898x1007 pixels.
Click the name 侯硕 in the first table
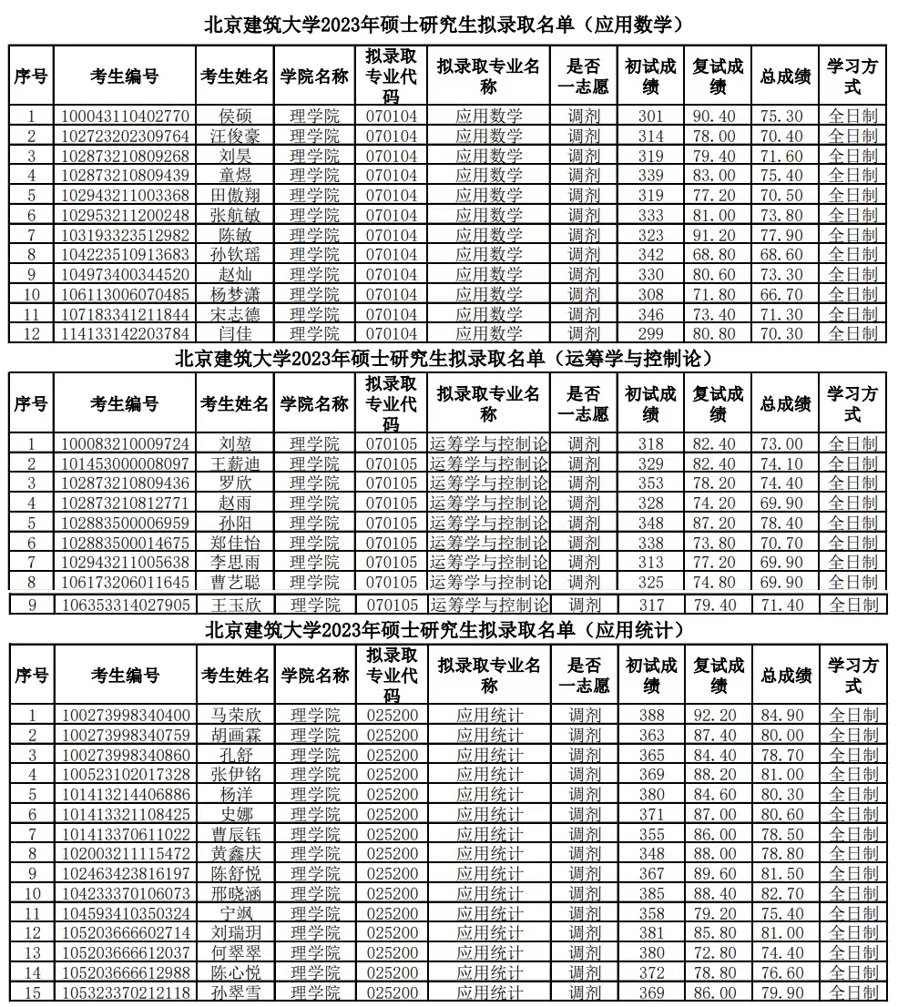pyautogui.click(x=235, y=117)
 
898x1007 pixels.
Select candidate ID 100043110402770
pyautogui.click(x=126, y=117)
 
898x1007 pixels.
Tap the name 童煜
pyautogui.click(x=235, y=176)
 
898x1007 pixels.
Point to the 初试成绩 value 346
pyautogui.click(x=650, y=314)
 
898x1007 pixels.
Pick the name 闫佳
pyautogui.click(x=235, y=333)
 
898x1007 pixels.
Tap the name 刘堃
pyautogui.click(x=235, y=444)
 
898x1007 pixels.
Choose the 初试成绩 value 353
pyautogui.click(x=650, y=483)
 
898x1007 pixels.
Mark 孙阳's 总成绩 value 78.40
pyautogui.click(x=781, y=524)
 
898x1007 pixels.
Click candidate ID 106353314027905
pyautogui.click(x=126, y=605)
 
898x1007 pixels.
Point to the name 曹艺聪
pyautogui.click(x=235, y=582)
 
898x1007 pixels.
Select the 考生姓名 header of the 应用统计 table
pyautogui.click(x=235, y=675)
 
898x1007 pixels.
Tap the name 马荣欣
pyautogui.click(x=235, y=716)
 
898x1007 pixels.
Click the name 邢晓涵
pyautogui.click(x=235, y=893)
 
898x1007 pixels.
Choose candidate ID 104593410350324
pyautogui.click(x=126, y=913)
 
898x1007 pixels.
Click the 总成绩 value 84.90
pyautogui.click(x=781, y=716)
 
